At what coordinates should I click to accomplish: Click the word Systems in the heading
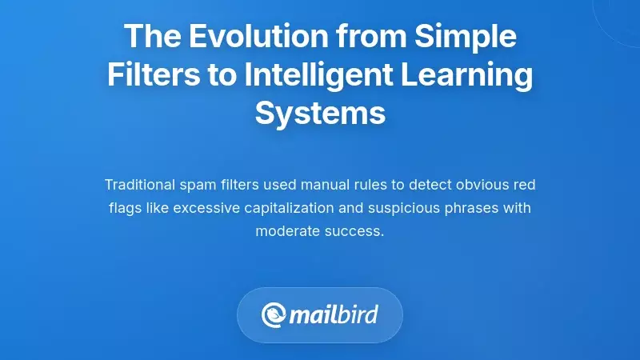pyautogui.click(x=320, y=113)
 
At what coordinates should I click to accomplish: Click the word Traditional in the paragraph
pyautogui.click(x=142, y=186)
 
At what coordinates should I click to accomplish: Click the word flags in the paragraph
pyautogui.click(x=126, y=209)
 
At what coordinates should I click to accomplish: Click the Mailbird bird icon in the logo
pyautogui.click(x=274, y=314)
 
